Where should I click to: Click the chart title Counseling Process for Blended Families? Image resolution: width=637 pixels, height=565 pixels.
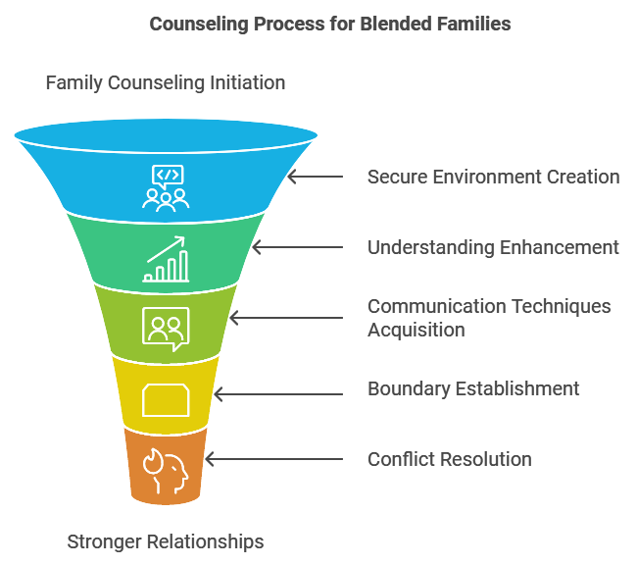tap(330, 24)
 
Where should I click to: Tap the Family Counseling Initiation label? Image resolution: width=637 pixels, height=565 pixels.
tap(166, 82)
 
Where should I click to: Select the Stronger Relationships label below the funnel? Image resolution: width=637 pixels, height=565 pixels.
tap(166, 540)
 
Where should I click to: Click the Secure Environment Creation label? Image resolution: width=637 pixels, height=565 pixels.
tap(493, 177)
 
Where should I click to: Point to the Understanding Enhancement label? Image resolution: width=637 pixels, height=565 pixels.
tap(493, 247)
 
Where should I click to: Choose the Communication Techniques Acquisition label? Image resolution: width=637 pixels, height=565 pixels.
tap(489, 318)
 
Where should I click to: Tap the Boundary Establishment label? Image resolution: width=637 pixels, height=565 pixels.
tap(473, 388)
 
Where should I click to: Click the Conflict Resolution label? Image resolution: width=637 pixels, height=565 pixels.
tap(450, 459)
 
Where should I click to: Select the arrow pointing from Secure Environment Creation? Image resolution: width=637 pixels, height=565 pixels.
tap(316, 177)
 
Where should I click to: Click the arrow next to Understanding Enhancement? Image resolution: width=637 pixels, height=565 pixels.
tap(298, 247)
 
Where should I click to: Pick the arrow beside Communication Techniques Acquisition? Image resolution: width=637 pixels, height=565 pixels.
tap(286, 318)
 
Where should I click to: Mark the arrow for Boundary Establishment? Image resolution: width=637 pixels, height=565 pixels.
tap(278, 394)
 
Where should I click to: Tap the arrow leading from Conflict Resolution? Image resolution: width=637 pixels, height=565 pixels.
tap(273, 459)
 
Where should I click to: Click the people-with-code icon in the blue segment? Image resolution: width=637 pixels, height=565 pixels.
tap(166, 186)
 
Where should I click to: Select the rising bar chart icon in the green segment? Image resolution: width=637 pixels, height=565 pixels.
tap(166, 259)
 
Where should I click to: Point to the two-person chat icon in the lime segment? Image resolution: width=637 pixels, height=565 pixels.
tap(166, 328)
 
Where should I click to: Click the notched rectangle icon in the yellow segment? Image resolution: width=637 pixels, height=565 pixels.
tap(166, 400)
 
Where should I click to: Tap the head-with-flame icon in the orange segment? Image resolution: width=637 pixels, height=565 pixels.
tap(166, 469)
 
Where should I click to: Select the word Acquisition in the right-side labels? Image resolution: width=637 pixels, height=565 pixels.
tap(416, 330)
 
